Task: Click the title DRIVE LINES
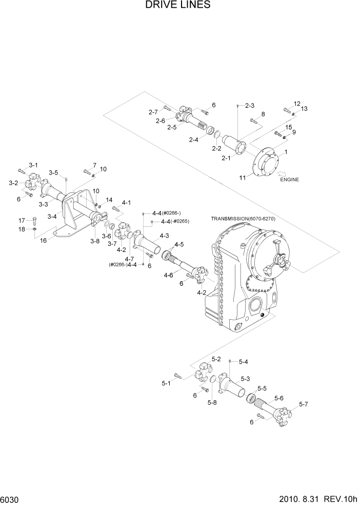coord(178,6)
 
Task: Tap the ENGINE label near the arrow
coord(289,180)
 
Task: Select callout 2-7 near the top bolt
coord(153,112)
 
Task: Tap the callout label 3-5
coord(53,172)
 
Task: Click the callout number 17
coord(22,220)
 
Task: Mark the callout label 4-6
coord(169,276)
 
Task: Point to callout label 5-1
coord(166,383)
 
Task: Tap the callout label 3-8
coord(95,241)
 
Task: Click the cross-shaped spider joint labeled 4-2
coord(124,231)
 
